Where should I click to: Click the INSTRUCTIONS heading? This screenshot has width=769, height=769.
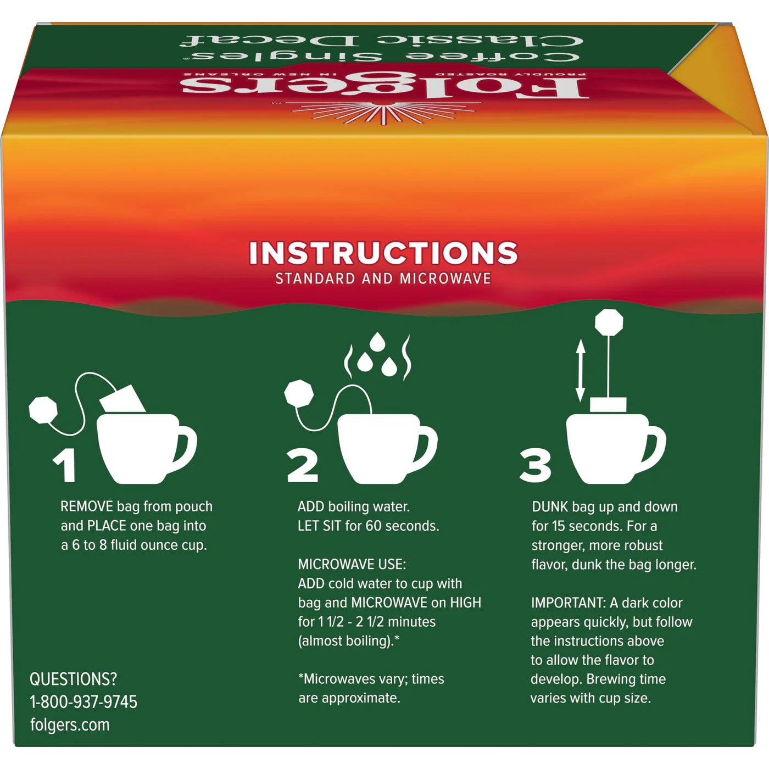[383, 253]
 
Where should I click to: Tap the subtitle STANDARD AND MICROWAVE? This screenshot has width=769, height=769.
[383, 278]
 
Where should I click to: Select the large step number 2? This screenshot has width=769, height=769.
[303, 466]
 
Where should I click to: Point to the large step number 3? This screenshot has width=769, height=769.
[536, 466]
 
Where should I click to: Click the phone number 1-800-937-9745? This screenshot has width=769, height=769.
[83, 701]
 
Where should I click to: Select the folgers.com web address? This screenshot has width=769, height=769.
[70, 725]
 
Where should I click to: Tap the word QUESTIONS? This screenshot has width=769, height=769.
[73, 679]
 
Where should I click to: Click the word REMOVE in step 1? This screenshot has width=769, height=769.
[86, 506]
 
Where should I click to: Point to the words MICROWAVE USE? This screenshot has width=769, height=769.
[352, 564]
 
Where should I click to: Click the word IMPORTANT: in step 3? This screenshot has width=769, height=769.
[568, 603]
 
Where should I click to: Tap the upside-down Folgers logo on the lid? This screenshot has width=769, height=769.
[384, 88]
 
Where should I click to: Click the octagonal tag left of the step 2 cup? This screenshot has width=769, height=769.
[299, 394]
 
